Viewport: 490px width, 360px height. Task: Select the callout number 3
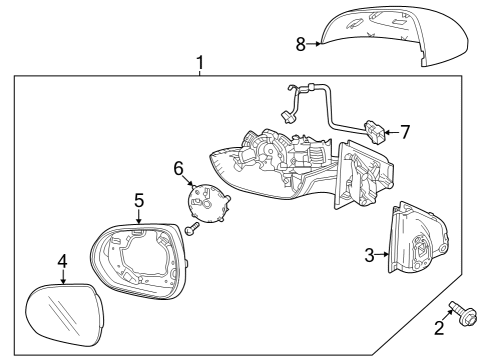(369, 255)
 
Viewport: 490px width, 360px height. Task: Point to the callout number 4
(62, 262)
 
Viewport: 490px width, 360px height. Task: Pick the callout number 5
(140, 201)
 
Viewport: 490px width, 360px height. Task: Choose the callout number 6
(180, 168)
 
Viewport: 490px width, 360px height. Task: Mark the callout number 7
(404, 131)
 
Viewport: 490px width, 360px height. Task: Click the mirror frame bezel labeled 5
(140, 264)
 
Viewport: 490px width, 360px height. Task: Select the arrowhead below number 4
(65, 281)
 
